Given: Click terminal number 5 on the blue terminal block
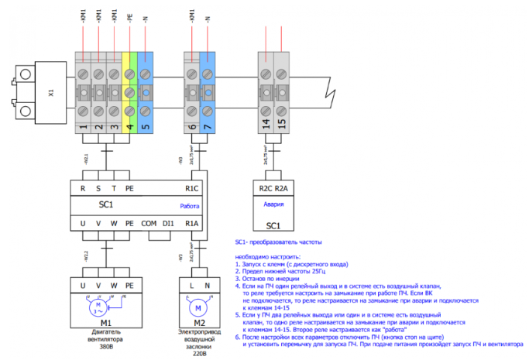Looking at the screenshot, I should click(146, 122).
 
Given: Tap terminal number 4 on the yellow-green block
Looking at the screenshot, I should click(129, 122).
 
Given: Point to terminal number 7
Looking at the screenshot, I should click(208, 122).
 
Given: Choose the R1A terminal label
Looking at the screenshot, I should click(192, 225).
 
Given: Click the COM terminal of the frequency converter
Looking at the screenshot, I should click(149, 225).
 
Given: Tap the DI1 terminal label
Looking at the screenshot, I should click(168, 225).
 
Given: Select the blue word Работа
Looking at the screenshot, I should click(190, 207).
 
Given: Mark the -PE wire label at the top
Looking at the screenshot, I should click(129, 15).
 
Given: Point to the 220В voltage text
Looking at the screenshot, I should click(200, 348).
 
